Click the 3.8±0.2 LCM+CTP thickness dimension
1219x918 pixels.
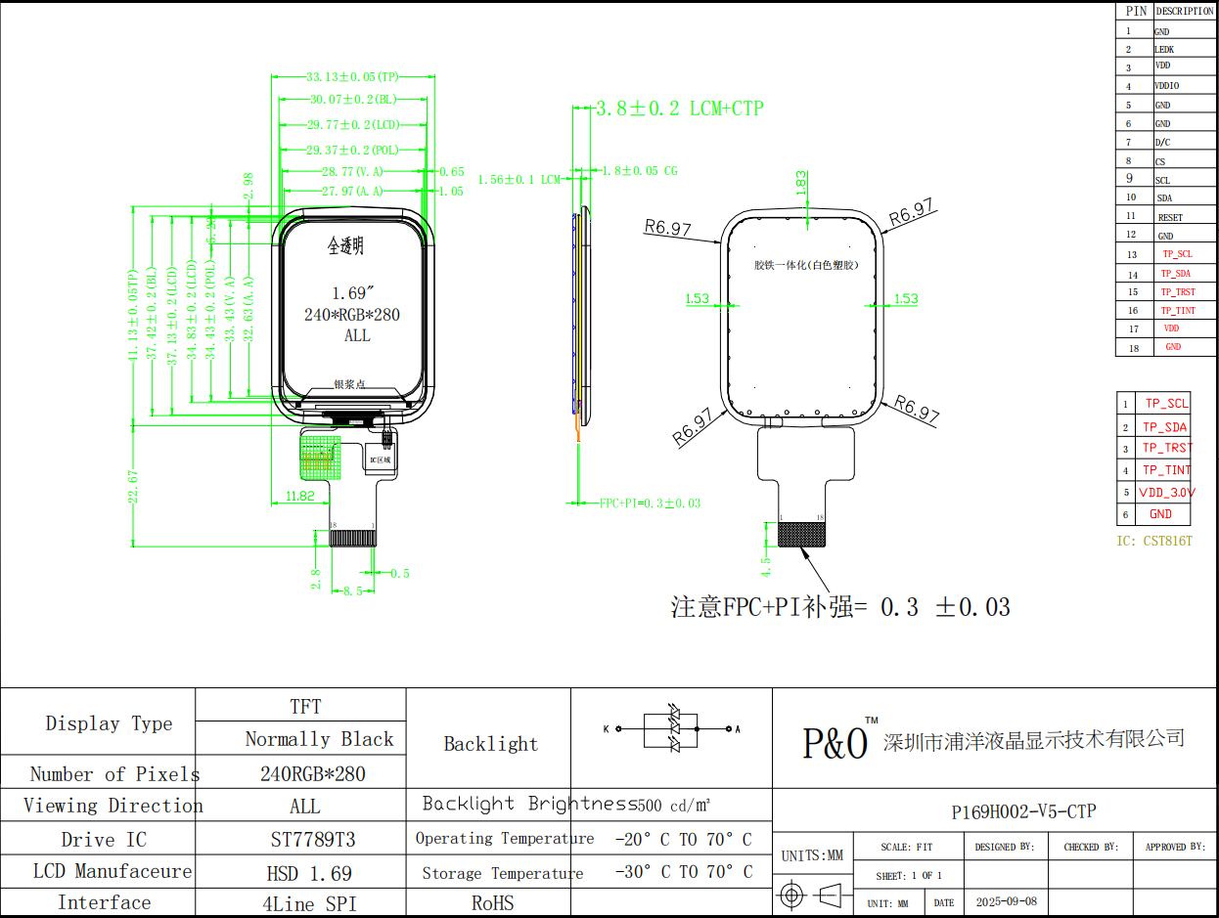680,109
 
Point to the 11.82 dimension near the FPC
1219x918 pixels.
299,497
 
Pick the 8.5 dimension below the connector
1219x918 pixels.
353,590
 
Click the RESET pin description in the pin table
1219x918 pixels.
1170,217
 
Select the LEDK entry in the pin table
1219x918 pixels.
1164,49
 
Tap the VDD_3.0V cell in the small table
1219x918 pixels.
1166,493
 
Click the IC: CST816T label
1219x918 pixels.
1154,541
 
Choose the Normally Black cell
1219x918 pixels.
319,739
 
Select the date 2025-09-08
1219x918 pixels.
1006,902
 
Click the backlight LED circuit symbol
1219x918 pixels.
673,728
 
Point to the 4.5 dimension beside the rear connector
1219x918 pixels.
766,567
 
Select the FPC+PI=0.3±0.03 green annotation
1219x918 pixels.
650,503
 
